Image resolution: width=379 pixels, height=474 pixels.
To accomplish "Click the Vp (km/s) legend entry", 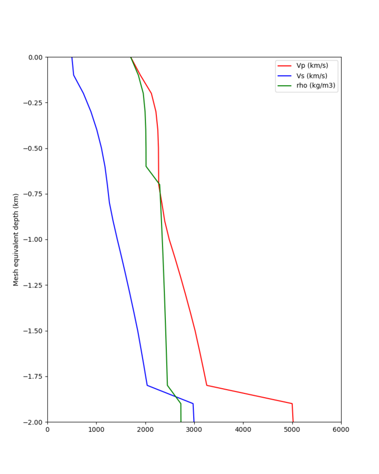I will click(x=312, y=66).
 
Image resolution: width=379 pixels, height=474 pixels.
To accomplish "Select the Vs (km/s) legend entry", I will click(x=312, y=76).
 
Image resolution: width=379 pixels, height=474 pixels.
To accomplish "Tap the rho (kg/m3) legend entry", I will click(x=316, y=85).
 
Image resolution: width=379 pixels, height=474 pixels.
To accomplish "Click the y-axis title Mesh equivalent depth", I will click(x=16, y=240).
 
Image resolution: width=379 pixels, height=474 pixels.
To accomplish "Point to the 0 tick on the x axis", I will click(x=47, y=429).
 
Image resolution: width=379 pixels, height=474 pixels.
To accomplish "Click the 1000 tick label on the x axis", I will click(x=96, y=429).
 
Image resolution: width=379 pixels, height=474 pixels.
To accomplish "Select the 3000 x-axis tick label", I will click(x=194, y=429).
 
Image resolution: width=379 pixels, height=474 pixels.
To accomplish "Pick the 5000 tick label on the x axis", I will click(x=292, y=429).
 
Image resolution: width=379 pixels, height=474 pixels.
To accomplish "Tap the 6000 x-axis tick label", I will click(x=341, y=429).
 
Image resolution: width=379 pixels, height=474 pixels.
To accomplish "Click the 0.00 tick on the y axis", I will click(x=35, y=57).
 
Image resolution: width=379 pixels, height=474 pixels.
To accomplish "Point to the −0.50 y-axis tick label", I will click(x=33, y=148).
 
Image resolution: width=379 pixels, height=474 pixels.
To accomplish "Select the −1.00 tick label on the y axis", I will click(x=33, y=240).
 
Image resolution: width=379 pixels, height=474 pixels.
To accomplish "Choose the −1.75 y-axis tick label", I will click(x=33, y=377).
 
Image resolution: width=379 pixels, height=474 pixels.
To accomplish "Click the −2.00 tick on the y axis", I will click(x=33, y=422).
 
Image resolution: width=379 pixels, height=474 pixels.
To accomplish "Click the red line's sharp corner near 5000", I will click(x=292, y=403).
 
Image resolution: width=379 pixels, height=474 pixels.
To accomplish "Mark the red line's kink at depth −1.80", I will click(x=207, y=385).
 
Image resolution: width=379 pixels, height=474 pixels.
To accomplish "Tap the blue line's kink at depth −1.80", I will click(x=147, y=385).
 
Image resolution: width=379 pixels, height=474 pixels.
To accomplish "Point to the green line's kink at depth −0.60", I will click(x=146, y=166).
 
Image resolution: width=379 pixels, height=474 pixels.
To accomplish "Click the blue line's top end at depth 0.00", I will click(x=72, y=57).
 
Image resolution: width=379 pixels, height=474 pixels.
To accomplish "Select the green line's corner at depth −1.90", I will click(x=181, y=403).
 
